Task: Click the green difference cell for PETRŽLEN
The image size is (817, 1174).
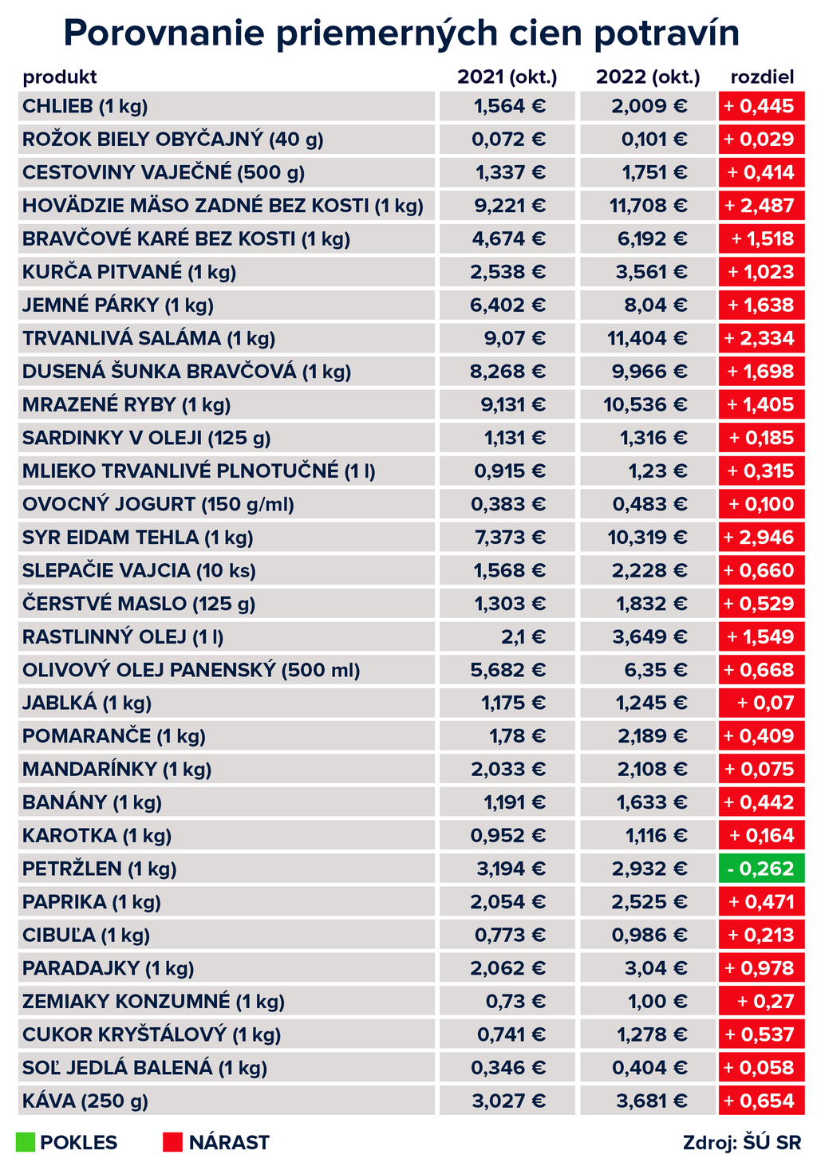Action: [761, 869]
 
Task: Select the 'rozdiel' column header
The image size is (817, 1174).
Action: [762, 77]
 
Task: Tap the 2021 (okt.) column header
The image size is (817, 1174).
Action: [507, 77]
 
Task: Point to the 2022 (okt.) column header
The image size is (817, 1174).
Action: [648, 77]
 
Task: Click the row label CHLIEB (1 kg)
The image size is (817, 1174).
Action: [85, 106]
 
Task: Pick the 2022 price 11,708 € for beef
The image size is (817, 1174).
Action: [648, 206]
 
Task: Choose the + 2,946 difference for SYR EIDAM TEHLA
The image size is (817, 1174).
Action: [761, 538]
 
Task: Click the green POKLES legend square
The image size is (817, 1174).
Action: [26, 1142]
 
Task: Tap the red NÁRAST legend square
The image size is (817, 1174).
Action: [172, 1142]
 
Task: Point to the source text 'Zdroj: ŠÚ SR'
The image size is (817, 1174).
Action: [742, 1142]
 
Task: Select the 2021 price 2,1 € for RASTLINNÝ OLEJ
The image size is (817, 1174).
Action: [523, 636]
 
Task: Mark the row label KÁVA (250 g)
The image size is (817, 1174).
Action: [85, 1101]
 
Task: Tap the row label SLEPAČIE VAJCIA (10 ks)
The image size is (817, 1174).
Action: [140, 570]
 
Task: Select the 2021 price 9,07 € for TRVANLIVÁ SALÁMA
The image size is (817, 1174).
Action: [517, 338]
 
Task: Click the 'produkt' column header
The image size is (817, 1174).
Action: [60, 77]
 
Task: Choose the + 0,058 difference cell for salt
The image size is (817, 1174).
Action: [761, 1068]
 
